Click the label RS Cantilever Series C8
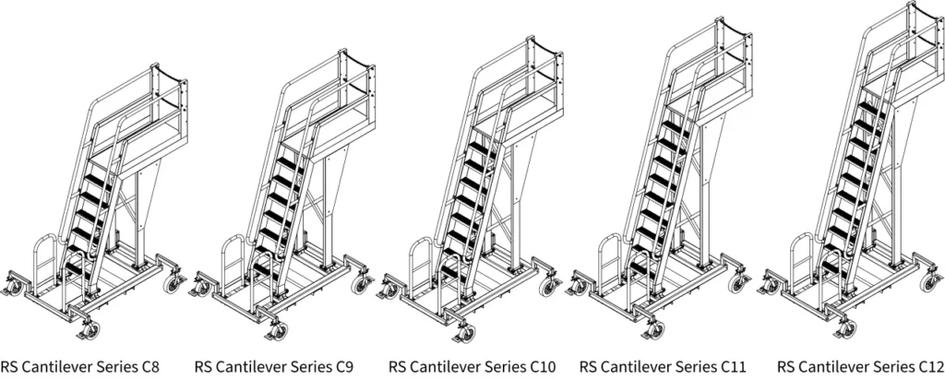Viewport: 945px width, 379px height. coord(79,366)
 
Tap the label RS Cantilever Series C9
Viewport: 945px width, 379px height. coord(274,366)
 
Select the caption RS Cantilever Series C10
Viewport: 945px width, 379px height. coord(472,366)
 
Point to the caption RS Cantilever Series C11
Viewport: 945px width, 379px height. coord(663,366)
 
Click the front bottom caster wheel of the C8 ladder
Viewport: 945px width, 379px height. coord(91,330)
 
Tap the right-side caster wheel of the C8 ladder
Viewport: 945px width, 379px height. coord(172,283)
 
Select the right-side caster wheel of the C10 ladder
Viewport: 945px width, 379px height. coord(548,287)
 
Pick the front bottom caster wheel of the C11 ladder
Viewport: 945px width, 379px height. coord(656,330)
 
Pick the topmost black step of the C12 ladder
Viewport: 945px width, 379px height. coord(871,109)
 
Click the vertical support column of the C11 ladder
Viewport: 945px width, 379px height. coord(704,199)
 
